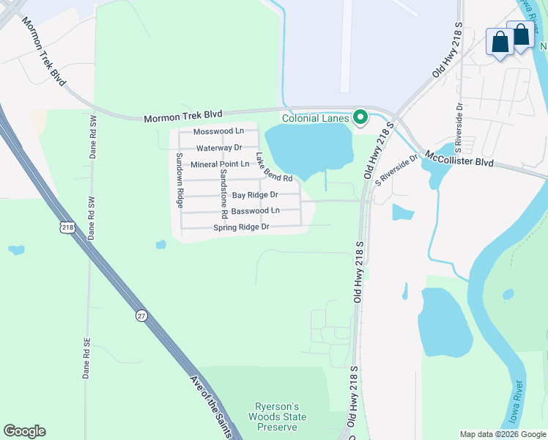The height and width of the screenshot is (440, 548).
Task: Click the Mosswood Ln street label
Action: coord(218,132)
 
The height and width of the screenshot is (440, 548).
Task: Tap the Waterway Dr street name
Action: coord(219,148)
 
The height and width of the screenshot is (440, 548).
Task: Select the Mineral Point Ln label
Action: coord(220,164)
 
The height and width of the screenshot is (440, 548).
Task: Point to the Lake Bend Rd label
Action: coord(274,168)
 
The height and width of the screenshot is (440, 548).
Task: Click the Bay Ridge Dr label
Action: coord(255,195)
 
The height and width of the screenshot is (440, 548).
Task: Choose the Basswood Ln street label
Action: coord(255,210)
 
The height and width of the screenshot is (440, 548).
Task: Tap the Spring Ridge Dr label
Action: coord(242,227)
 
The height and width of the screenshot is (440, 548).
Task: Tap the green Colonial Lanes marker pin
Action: coord(360,117)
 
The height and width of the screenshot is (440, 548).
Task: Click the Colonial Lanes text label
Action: coord(315,118)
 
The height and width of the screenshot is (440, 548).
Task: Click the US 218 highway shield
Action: coord(67,229)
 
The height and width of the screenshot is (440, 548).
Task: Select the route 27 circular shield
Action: coord(140,315)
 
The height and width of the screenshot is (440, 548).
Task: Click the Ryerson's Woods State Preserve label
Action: coord(281,417)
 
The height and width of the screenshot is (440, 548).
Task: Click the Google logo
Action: coord(24,431)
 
